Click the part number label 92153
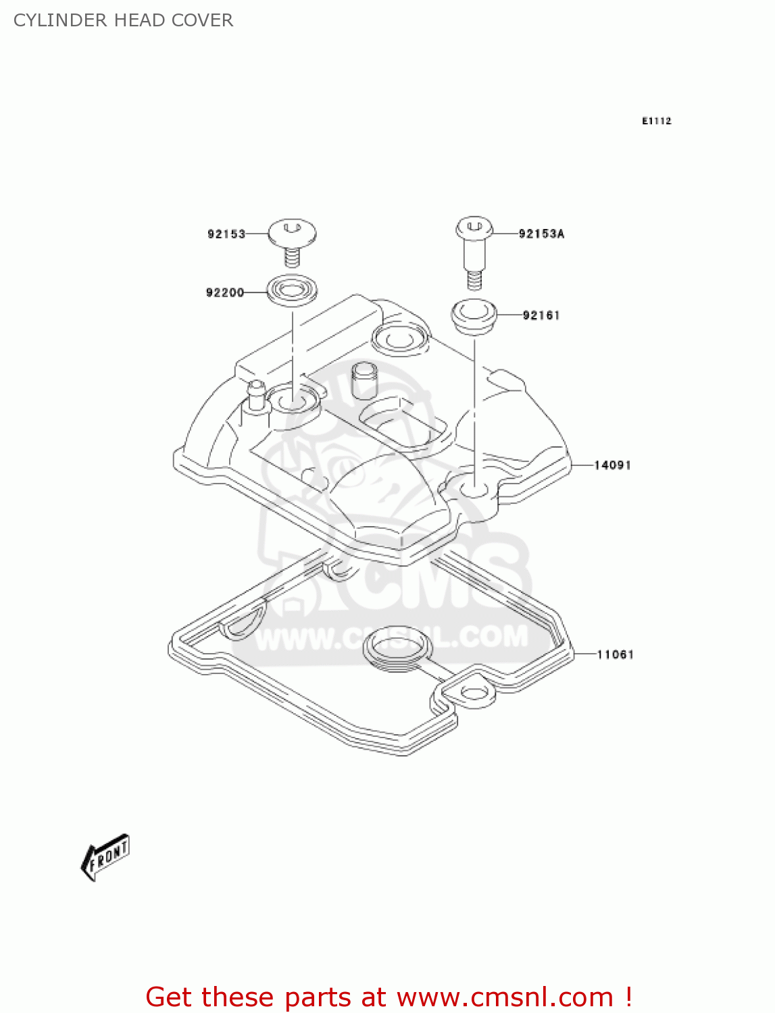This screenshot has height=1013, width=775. [x=226, y=234]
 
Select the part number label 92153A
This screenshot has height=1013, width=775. [x=541, y=234]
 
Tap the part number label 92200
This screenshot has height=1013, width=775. [x=225, y=292]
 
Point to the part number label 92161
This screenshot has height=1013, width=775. [x=541, y=315]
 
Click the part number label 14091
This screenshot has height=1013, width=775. [x=612, y=465]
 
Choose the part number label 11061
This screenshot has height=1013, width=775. [x=615, y=654]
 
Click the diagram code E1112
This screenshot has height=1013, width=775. [x=656, y=121]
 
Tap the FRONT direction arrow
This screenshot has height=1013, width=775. [x=105, y=856]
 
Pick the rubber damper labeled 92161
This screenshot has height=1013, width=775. [x=474, y=315]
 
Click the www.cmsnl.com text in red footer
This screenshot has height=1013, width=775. [x=505, y=997]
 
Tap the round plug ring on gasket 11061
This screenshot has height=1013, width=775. [x=397, y=646]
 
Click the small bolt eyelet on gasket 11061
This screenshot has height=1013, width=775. [x=474, y=693]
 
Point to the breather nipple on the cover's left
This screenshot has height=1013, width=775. [x=257, y=395]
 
